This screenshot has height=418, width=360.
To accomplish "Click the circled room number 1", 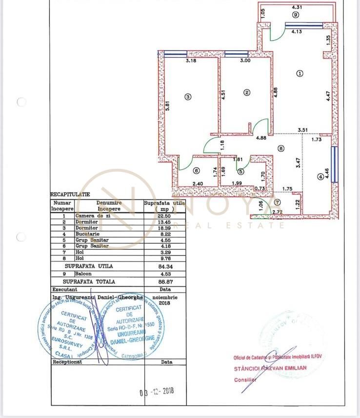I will pyautogui.click(x=300, y=74).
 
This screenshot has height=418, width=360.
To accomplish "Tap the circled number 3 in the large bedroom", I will pyautogui.click(x=188, y=97).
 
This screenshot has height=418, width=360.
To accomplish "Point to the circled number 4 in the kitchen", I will pyautogui.click(x=320, y=177).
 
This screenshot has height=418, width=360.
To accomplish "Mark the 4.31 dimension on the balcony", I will pyautogui.click(x=297, y=7).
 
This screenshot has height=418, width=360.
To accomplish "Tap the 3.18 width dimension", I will pyautogui.click(x=191, y=61).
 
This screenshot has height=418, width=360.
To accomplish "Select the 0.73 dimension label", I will pyautogui.click(x=260, y=189).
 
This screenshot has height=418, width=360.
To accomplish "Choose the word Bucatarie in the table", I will pyautogui.click(x=87, y=234).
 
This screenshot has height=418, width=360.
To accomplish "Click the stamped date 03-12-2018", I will pyautogui.click(x=157, y=391).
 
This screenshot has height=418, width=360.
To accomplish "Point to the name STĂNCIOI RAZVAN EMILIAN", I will pyautogui.click(x=270, y=368).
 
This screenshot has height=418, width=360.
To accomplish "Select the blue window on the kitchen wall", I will pyautogui.click(x=334, y=165).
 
